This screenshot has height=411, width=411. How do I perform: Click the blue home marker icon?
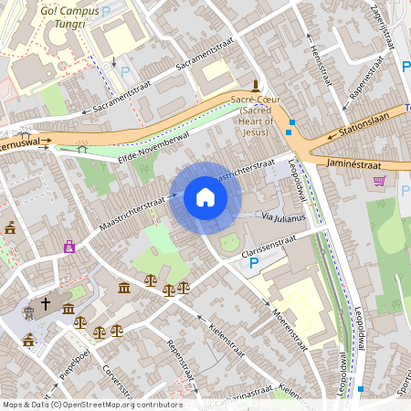pyautogui.click(x=205, y=197)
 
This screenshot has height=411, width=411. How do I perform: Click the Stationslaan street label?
pyautogui.click(x=363, y=122)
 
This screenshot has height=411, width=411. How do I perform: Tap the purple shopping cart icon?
pyautogui.click(x=379, y=182)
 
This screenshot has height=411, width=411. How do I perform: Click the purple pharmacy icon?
pyautogui.click(x=69, y=247)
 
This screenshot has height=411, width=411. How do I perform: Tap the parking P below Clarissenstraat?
pyautogui.click(x=255, y=263)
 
